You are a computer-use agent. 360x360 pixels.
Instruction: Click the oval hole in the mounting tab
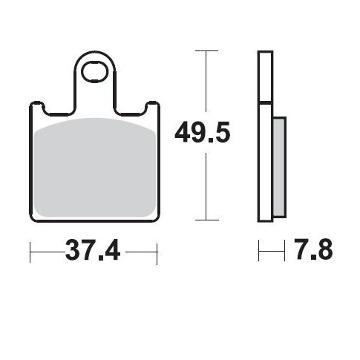click(x=96, y=73)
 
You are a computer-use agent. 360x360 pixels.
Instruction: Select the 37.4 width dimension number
click(x=94, y=251)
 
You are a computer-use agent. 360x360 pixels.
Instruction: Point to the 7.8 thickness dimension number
click(x=311, y=251)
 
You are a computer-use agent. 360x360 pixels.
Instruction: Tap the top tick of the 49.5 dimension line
click(x=206, y=51)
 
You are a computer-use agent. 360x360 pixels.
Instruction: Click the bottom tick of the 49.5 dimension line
click(x=206, y=220)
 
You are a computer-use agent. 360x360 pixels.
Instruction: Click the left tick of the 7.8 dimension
click(x=259, y=252)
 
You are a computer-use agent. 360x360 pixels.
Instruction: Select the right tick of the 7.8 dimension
click(x=285, y=252)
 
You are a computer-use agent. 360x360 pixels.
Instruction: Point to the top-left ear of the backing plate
click(x=36, y=108)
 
